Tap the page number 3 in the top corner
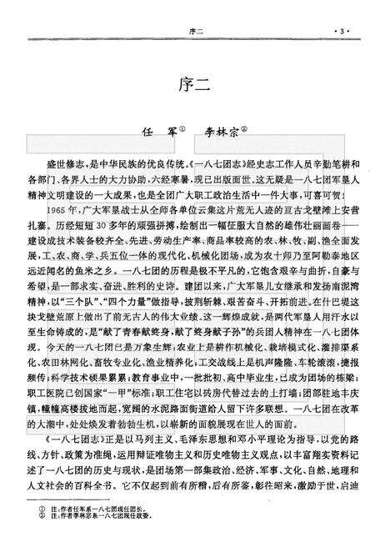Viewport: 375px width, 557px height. pyautogui.click(x=342, y=32)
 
